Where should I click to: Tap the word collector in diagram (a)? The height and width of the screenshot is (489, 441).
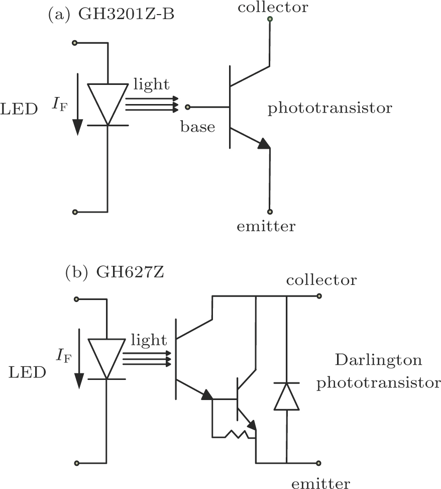[273, 7]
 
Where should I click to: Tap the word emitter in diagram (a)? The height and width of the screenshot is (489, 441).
[266, 226]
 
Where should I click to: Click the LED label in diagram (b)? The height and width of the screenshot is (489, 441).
[28, 372]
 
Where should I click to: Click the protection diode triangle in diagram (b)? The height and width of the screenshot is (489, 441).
[286, 396]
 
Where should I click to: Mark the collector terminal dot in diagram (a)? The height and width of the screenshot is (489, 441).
[270, 19]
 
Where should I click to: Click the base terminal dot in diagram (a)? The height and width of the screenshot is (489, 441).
[187, 107]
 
